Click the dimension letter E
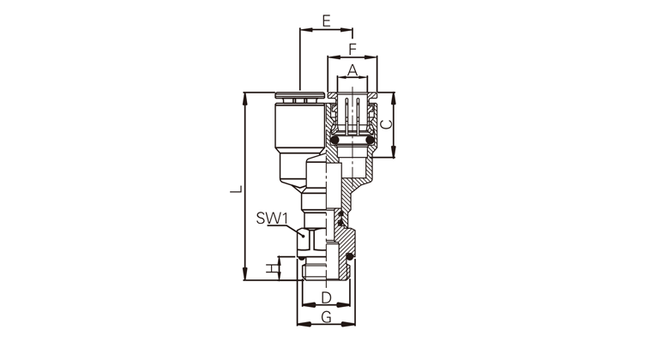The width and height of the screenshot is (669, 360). pyautogui.click(x=327, y=21)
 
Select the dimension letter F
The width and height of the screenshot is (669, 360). pyautogui.click(x=353, y=49)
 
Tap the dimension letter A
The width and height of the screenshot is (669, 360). pyautogui.click(x=352, y=70)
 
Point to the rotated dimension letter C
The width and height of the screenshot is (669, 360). pyautogui.click(x=386, y=124)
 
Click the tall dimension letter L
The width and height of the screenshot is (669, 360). pyautogui.click(x=236, y=189)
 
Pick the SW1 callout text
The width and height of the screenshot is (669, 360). pyautogui.click(x=272, y=219)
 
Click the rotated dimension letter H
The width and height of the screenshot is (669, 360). pyautogui.click(x=271, y=269)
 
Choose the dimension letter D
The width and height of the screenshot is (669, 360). pyautogui.click(x=327, y=297)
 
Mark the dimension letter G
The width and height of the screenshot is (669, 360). pyautogui.click(x=327, y=317)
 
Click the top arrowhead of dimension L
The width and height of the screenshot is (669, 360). pyautogui.click(x=244, y=98)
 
